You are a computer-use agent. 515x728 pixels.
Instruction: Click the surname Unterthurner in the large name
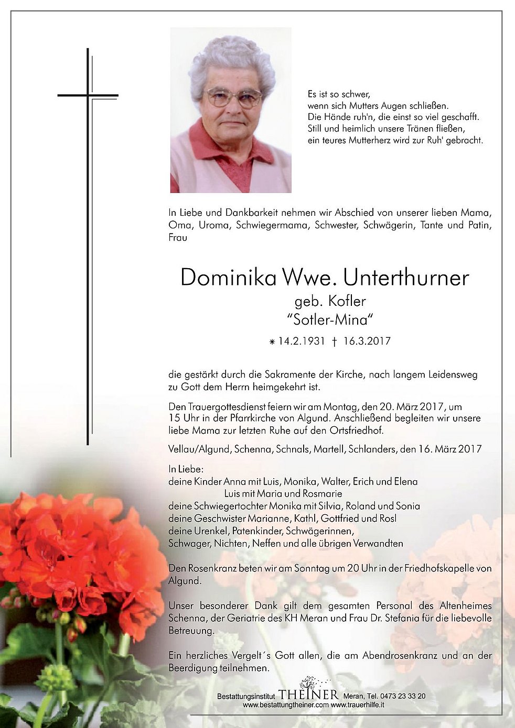tap(406, 278)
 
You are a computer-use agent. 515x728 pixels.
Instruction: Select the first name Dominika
tap(228, 278)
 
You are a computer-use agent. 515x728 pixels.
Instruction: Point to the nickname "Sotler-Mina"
tap(330, 319)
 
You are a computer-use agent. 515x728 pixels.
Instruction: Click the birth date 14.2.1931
tap(302, 341)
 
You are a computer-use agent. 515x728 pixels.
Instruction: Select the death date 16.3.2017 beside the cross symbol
tap(367, 341)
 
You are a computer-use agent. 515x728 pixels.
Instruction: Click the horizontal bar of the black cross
tap(88, 95)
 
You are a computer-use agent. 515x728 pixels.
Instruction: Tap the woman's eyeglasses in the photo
tap(233, 97)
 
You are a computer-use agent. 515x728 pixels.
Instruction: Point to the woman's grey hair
tap(231, 58)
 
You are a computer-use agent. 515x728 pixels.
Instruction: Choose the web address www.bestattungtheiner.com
tap(286, 705)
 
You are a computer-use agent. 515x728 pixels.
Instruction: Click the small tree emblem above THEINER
tap(308, 682)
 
